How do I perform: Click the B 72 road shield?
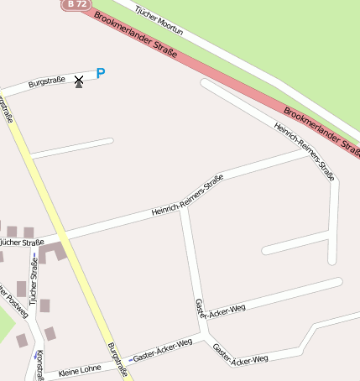[x=76, y=4]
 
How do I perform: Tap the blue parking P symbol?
[x=101, y=74]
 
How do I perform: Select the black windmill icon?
[x=79, y=81]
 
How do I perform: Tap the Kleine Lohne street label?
[x=80, y=368]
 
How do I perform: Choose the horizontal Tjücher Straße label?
[x=22, y=243]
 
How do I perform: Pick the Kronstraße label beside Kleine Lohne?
[x=39, y=365]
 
